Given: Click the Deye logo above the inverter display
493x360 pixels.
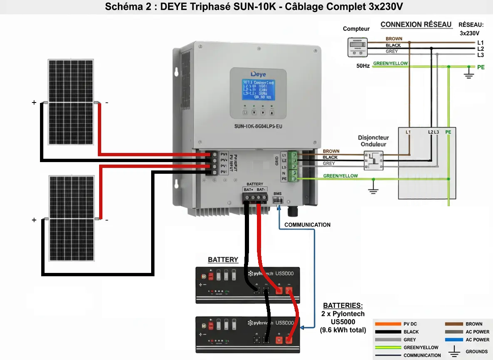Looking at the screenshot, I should (258, 74).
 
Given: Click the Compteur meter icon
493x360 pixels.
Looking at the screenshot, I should (357, 47).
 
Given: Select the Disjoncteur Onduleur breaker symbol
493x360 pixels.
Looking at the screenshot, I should (373, 160).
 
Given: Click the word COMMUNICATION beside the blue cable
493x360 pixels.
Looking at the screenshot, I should (307, 225).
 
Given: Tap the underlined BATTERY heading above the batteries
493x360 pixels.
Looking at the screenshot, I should (223, 260).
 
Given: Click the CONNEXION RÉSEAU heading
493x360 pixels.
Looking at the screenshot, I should (416, 25).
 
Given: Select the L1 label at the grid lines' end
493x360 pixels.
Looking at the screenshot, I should (480, 42).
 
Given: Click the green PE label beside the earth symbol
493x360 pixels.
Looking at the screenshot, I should (481, 67).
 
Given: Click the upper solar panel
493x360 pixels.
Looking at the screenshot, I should (70, 102).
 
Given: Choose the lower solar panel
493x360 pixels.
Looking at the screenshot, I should (71, 218).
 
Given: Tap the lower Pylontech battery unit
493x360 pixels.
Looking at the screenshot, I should (248, 335).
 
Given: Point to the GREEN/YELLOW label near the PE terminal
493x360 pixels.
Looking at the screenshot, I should (340, 176).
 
